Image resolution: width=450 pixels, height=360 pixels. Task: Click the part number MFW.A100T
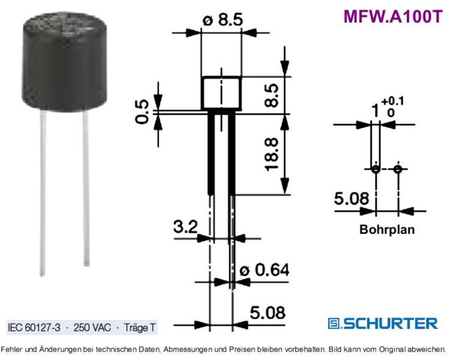click(393, 16)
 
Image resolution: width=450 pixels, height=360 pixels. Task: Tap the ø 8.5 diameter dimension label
click(223, 20)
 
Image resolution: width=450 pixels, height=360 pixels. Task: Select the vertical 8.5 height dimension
click(271, 95)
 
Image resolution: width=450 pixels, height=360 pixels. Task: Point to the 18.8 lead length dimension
click(271, 154)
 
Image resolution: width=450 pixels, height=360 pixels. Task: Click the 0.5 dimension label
click(142, 112)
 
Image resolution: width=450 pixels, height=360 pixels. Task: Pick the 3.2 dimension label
click(185, 227)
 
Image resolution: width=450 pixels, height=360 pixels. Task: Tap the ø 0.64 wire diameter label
click(265, 270)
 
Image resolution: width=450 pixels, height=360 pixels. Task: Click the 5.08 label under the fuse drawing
click(268, 313)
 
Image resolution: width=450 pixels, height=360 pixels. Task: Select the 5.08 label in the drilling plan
click(352, 198)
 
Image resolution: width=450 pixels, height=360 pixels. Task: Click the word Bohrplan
click(387, 230)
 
